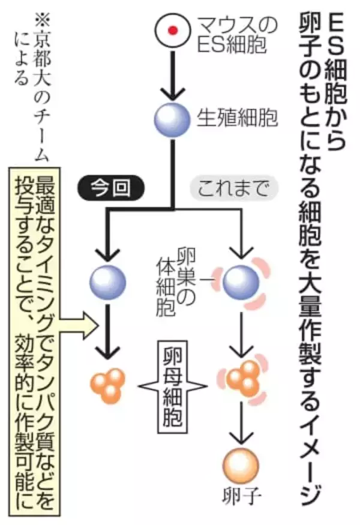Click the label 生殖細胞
coord(236,118)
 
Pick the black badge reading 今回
coord(110,188)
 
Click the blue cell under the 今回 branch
coord(108,281)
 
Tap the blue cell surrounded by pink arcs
coord(241,281)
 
